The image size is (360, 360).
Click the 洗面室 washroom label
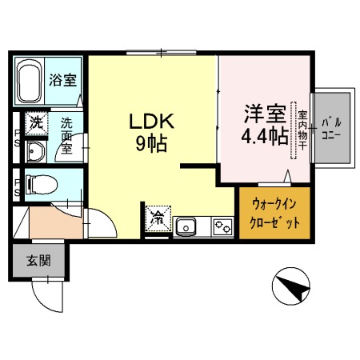pos(67,136)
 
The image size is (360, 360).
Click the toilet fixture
pos(41,186)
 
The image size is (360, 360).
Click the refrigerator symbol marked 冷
pos(158,218)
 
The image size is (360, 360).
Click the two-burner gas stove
pos(222,227)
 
